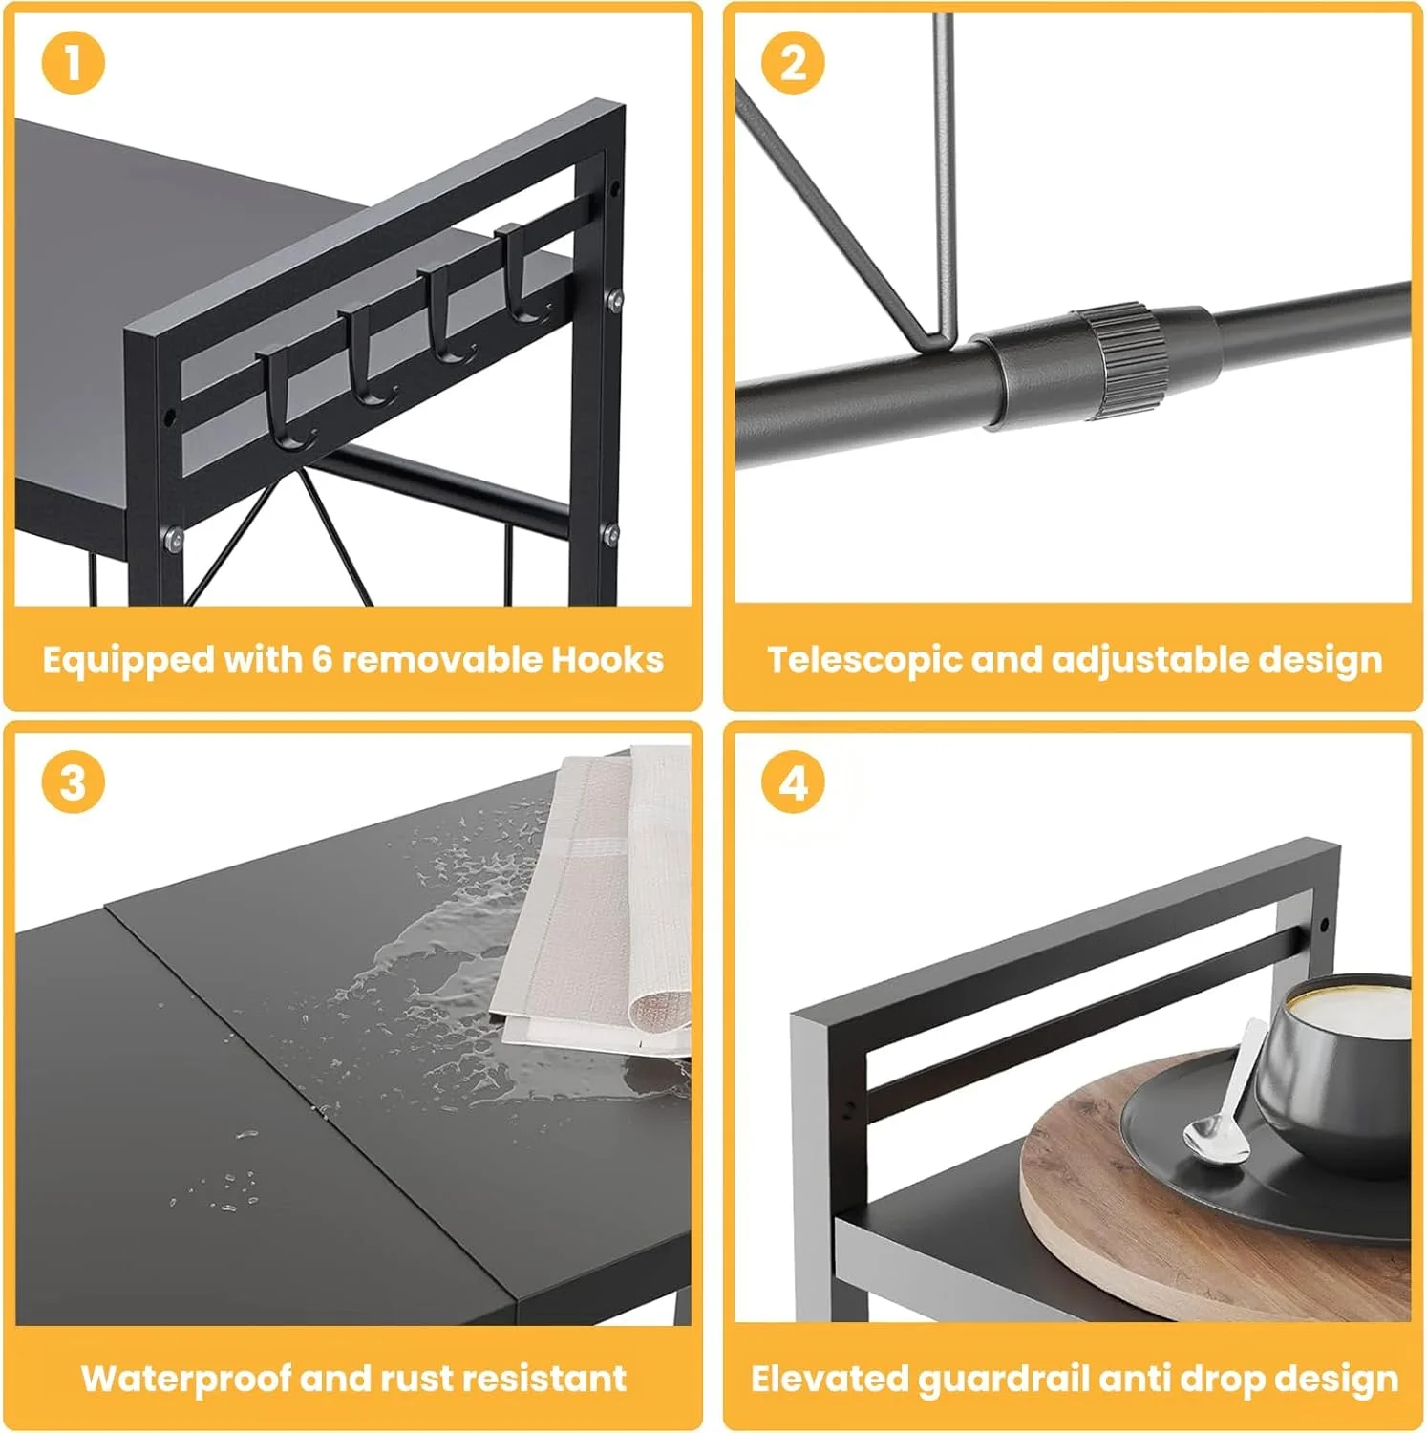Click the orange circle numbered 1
73,63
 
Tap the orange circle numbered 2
793,63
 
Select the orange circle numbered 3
73,782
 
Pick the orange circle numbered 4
793,782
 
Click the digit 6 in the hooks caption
322,659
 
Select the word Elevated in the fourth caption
830,1379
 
